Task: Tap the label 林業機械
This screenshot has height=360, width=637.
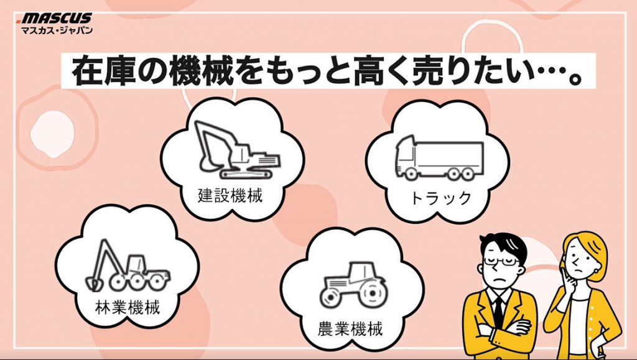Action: point(128,307)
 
